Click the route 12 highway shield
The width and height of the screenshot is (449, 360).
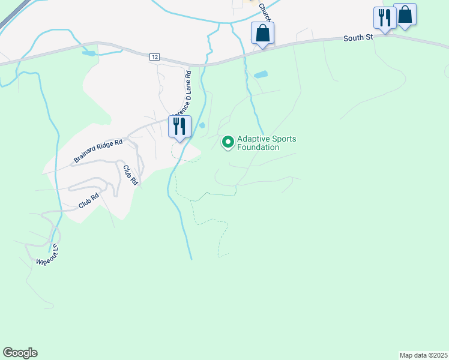tap(155, 56)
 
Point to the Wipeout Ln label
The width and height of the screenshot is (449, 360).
tap(49, 254)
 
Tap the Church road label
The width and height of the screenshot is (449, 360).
tap(266, 13)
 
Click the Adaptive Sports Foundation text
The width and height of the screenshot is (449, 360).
tap(267, 143)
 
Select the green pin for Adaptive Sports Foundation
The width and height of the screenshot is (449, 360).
tap(228, 142)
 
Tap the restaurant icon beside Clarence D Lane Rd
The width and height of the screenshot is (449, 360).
tap(180, 126)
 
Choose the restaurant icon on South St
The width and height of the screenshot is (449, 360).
tap(384, 17)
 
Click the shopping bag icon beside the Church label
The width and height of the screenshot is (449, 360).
tap(263, 32)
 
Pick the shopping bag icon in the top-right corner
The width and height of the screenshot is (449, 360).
tap(405, 14)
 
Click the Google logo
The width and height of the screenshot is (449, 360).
tap(20, 352)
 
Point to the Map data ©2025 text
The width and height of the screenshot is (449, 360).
tap(423, 355)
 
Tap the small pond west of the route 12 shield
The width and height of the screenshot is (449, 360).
tap(89, 53)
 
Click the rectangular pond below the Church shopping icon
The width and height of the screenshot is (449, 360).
tap(261, 75)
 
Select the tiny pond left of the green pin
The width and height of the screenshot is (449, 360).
tap(202, 125)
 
